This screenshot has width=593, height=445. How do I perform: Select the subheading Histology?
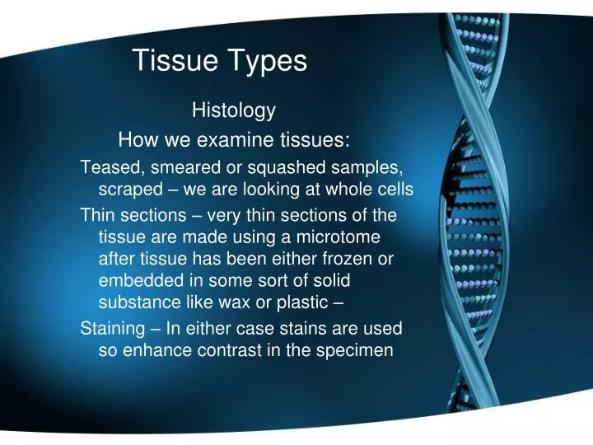point(233,110)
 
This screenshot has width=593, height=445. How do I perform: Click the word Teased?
point(109,168)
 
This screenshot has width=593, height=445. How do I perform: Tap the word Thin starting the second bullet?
point(96,216)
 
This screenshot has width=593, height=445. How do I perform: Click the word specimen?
point(358,350)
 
